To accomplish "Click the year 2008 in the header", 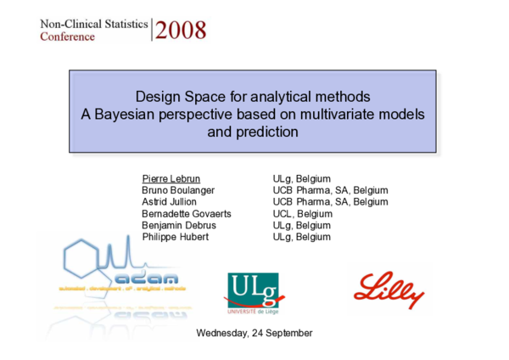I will click(x=181, y=31).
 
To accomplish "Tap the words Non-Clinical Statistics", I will click(x=92, y=24).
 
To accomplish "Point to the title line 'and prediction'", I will click(x=253, y=132).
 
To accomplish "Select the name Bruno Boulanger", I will click(x=177, y=191).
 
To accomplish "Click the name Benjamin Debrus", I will click(x=178, y=226).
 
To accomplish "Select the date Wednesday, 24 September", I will click(x=254, y=332).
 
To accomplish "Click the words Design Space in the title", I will click(x=174, y=94).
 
